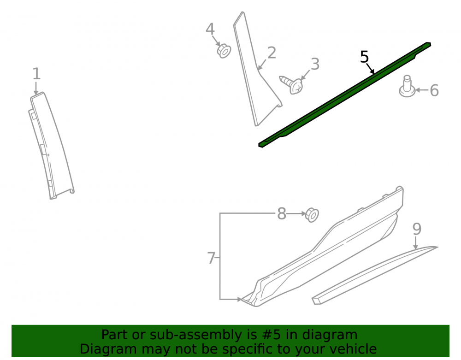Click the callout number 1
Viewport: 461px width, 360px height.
pos(36,74)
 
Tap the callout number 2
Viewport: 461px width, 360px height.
pos(272,53)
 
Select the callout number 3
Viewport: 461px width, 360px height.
pos(315,64)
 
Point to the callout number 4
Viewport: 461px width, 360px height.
pos(210,29)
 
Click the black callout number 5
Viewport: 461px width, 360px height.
pos(364,57)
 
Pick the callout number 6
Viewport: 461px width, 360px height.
pos(434,90)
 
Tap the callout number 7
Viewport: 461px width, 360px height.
pos(211,258)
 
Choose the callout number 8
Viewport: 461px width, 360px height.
pos(281,213)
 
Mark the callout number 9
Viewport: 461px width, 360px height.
pos(417,229)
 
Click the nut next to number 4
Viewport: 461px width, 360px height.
pos(224,51)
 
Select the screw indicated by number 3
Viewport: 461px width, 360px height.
pos(292,84)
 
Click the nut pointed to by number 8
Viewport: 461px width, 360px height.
pos(312,215)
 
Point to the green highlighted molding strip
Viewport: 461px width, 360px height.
pos(344,94)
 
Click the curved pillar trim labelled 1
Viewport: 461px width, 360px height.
pos(52,146)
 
